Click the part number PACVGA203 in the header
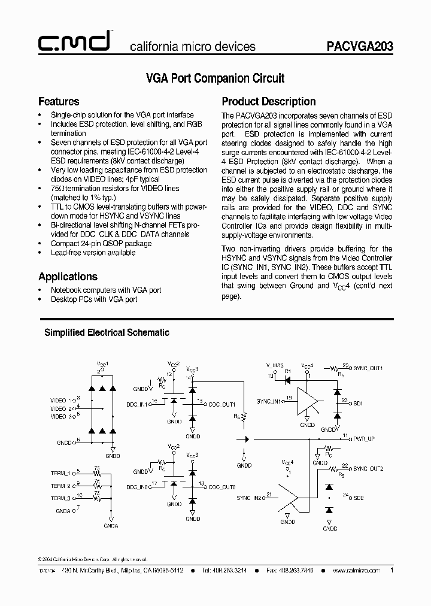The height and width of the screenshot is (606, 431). [x=359, y=46]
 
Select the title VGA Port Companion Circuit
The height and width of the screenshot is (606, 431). [x=215, y=78]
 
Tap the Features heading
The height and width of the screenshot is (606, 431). [x=59, y=101]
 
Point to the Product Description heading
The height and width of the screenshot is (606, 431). [x=269, y=101]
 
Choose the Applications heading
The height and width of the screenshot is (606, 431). [x=68, y=276]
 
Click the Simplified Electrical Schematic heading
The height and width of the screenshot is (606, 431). [x=107, y=332]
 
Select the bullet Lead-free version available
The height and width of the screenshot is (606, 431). [x=93, y=253]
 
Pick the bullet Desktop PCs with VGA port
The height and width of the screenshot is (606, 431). [x=94, y=299]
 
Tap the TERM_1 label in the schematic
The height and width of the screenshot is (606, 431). [x=60, y=473]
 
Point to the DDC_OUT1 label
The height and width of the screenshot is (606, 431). [x=222, y=404]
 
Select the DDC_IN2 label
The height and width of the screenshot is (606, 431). [x=136, y=486]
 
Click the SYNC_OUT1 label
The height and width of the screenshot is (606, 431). [x=368, y=368]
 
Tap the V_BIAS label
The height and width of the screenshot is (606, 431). [x=275, y=365]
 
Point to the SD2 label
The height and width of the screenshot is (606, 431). [x=359, y=497]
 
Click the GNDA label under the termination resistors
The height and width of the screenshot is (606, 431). [x=110, y=525]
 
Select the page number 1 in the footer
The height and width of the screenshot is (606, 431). [x=391, y=571]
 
